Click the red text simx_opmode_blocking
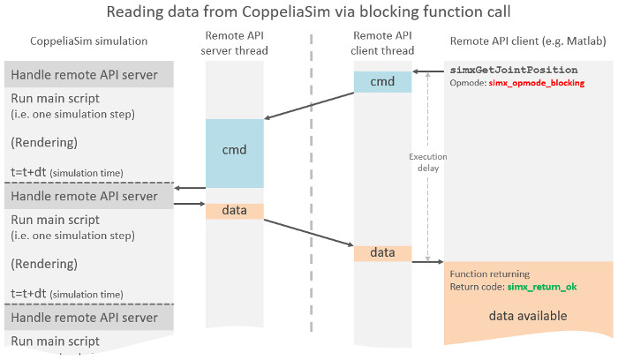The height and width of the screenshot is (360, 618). click(x=537, y=83)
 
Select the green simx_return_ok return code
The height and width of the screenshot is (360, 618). click(x=542, y=287)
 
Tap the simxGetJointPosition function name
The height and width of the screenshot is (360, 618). click(x=514, y=70)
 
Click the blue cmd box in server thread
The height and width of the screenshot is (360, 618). click(x=235, y=154)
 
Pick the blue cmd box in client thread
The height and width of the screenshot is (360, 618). click(x=382, y=82)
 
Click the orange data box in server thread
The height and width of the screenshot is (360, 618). click(x=235, y=211)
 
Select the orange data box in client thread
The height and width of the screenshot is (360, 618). click(x=382, y=253)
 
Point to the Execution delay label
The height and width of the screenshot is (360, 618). click(x=428, y=162)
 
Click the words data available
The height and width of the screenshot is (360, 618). click(x=528, y=316)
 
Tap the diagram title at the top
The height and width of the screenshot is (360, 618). click(x=309, y=11)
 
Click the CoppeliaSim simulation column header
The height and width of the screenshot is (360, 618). click(x=88, y=41)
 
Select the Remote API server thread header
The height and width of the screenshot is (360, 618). click(x=235, y=43)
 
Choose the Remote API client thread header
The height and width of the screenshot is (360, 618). click(x=382, y=43)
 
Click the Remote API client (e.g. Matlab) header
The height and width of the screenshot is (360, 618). click(x=528, y=41)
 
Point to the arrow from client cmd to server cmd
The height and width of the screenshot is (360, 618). click(x=309, y=106)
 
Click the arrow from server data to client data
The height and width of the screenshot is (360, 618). click(x=309, y=233)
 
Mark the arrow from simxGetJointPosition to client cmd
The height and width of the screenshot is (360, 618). click(x=428, y=71)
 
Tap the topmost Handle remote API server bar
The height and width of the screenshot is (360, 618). click(x=89, y=74)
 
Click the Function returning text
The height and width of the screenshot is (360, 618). click(x=490, y=274)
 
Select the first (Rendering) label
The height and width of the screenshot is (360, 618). click(x=44, y=143)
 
